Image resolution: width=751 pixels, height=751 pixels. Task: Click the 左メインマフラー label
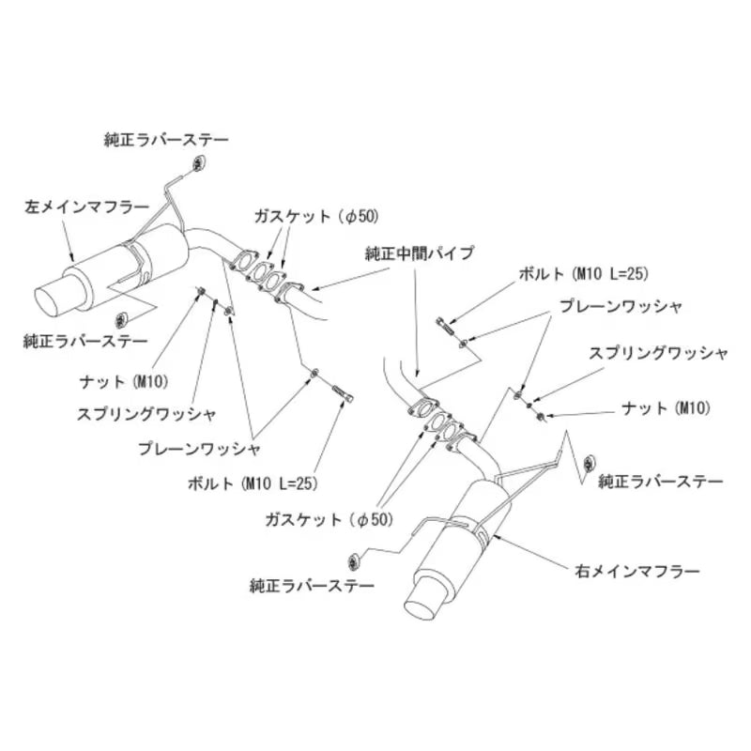86,207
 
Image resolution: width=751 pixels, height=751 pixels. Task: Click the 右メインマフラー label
637,572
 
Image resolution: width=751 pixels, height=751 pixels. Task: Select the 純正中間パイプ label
420,253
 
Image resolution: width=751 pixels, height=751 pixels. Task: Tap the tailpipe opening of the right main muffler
420,604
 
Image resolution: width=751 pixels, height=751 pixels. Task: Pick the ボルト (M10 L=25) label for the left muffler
253,483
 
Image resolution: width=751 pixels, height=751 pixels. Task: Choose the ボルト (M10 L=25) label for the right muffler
583,274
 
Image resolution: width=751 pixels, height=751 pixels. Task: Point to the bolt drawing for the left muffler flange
344,394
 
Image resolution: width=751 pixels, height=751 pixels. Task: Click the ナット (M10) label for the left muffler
125,382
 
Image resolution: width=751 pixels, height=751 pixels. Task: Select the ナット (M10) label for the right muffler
666,408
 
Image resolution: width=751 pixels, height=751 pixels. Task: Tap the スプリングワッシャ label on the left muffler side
146,414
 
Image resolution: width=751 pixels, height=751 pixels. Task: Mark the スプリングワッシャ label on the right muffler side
658,354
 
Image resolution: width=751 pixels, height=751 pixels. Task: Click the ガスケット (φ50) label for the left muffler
316,217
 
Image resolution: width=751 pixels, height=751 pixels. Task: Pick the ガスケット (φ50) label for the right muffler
330,519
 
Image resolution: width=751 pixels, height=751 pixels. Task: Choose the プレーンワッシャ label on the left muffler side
199,449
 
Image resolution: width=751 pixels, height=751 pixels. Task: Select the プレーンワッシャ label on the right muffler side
621,307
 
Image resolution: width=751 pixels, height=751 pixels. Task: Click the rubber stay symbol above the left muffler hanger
199,163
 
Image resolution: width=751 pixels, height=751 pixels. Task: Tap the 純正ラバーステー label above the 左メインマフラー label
167,140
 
